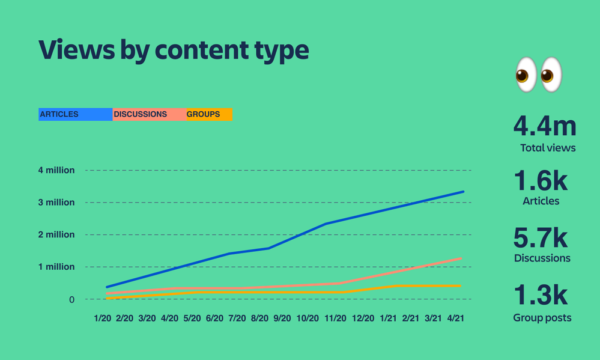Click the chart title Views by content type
174,50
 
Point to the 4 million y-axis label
56,170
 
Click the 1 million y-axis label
56,267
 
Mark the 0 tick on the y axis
71,299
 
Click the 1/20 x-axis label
102,317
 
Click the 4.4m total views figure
544,127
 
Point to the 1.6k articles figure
541,181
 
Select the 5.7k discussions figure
541,238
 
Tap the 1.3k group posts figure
541,295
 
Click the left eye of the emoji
524,75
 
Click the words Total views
548,148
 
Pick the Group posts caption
542,318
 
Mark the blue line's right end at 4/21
463,192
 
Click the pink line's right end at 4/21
461,258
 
